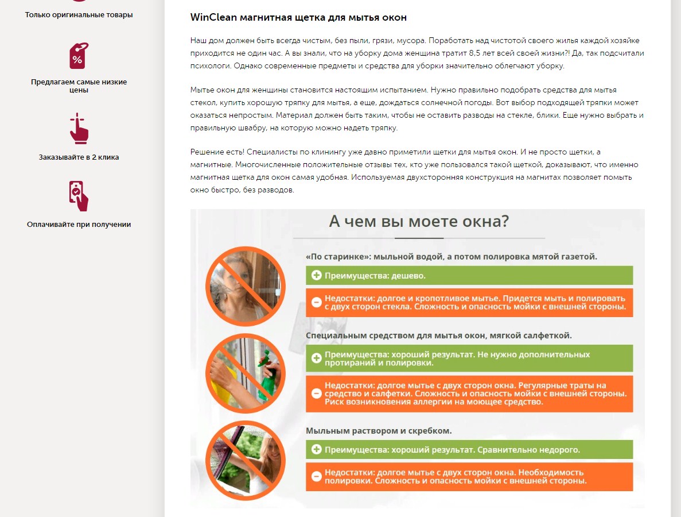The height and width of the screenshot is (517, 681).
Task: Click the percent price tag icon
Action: click(x=79, y=56)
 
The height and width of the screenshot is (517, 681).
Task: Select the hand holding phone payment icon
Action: click(x=79, y=196)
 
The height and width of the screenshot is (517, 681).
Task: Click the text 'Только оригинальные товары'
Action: click(x=79, y=15)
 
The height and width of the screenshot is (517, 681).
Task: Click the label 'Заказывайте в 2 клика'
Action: click(x=79, y=157)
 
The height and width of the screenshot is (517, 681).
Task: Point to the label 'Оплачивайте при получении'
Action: click(x=79, y=225)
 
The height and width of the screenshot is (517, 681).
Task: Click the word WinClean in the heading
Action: click(x=213, y=17)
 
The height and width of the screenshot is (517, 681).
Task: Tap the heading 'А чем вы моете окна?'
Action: click(x=419, y=221)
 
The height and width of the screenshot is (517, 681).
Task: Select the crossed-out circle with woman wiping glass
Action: click(x=246, y=286)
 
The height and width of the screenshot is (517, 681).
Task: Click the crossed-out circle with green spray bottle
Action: click(x=246, y=373)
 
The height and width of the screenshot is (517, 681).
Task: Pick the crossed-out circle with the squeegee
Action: click(x=246, y=460)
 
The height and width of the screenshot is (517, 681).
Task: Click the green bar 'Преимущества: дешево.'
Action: click(x=469, y=275)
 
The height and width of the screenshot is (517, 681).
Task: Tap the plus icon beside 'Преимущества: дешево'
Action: click(x=317, y=275)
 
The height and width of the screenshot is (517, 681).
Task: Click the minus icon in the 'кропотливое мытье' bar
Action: click(x=317, y=302)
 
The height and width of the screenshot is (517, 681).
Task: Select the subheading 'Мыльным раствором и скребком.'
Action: click(x=379, y=431)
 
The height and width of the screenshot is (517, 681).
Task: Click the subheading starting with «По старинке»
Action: click(x=452, y=257)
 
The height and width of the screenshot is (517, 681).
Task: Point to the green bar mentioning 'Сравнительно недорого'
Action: click(x=469, y=450)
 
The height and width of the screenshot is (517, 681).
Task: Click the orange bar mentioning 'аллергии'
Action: click(x=469, y=393)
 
